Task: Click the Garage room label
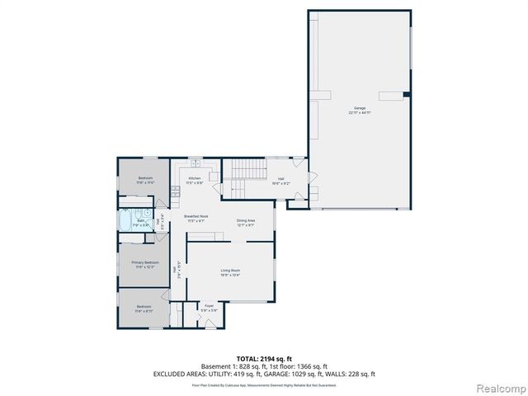360,109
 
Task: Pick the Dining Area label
246,221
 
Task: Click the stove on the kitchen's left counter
175,191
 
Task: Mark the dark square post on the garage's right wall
406,95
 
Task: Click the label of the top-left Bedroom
145,180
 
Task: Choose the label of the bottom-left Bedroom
145,309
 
